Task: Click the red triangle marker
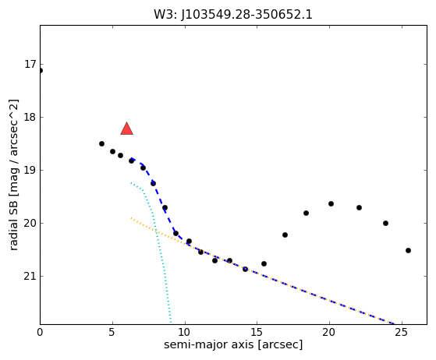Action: pyautogui.click(x=127, y=129)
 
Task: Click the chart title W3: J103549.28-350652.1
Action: pyautogui.click(x=233, y=15)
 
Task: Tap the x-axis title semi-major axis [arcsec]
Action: pyautogui.click(x=233, y=344)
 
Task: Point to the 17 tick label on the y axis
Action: pyautogui.click(x=30, y=64)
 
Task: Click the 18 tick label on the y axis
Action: pyautogui.click(x=30, y=117)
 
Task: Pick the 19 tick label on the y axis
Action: pyautogui.click(x=30, y=170)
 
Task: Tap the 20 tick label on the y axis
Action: pyautogui.click(x=30, y=223)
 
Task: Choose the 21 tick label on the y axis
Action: pyautogui.click(x=30, y=276)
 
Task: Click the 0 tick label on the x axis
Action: pyautogui.click(x=40, y=332)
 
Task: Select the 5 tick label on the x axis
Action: pyautogui.click(x=112, y=332)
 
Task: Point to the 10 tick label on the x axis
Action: pyautogui.click(x=185, y=332)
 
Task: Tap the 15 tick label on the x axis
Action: pyautogui.click(x=257, y=332)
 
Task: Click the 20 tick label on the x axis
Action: pyautogui.click(x=329, y=332)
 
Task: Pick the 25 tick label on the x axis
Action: pyautogui.click(x=402, y=332)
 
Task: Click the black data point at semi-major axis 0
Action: pyautogui.click(x=41, y=71)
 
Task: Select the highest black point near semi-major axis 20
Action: pyautogui.click(x=331, y=204)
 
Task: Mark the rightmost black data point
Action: pyautogui.click(x=408, y=251)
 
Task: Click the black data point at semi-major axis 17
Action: pyautogui.click(x=285, y=235)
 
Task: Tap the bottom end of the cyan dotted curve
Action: pyautogui.click(x=171, y=323)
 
